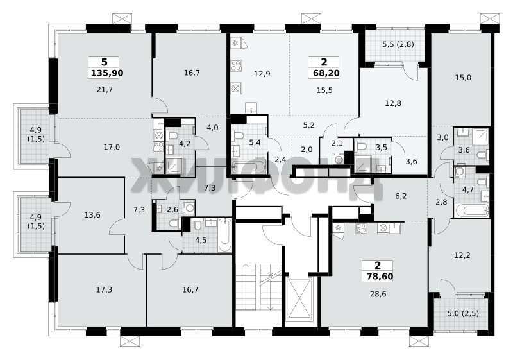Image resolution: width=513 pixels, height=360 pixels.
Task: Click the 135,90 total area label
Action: (107, 73)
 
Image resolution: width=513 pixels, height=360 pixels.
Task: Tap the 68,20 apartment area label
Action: (326, 73)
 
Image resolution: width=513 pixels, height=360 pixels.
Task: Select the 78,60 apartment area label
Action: (380, 277)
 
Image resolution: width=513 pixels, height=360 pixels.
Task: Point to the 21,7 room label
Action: (105, 89)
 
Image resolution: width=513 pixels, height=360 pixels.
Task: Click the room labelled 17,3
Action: (104, 289)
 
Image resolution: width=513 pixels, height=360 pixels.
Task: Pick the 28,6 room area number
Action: (378, 294)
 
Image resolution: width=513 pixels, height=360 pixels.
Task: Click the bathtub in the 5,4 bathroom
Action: (249, 167)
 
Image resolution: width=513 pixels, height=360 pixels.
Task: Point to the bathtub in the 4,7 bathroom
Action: (471, 210)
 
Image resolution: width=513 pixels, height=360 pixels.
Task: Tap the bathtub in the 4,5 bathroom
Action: (225, 236)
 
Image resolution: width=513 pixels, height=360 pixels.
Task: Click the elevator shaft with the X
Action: (299, 298)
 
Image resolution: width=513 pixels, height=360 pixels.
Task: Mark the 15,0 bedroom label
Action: (463, 78)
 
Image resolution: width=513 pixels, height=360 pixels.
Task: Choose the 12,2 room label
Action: (462, 255)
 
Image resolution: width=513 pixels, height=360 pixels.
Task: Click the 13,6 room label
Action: (92, 215)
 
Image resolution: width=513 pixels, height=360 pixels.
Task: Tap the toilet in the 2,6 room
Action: (174, 223)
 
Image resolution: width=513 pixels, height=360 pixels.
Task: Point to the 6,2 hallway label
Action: (401, 196)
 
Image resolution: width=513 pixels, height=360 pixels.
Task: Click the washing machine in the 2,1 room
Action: (339, 159)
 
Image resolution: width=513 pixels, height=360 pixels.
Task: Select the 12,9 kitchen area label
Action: (262, 74)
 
